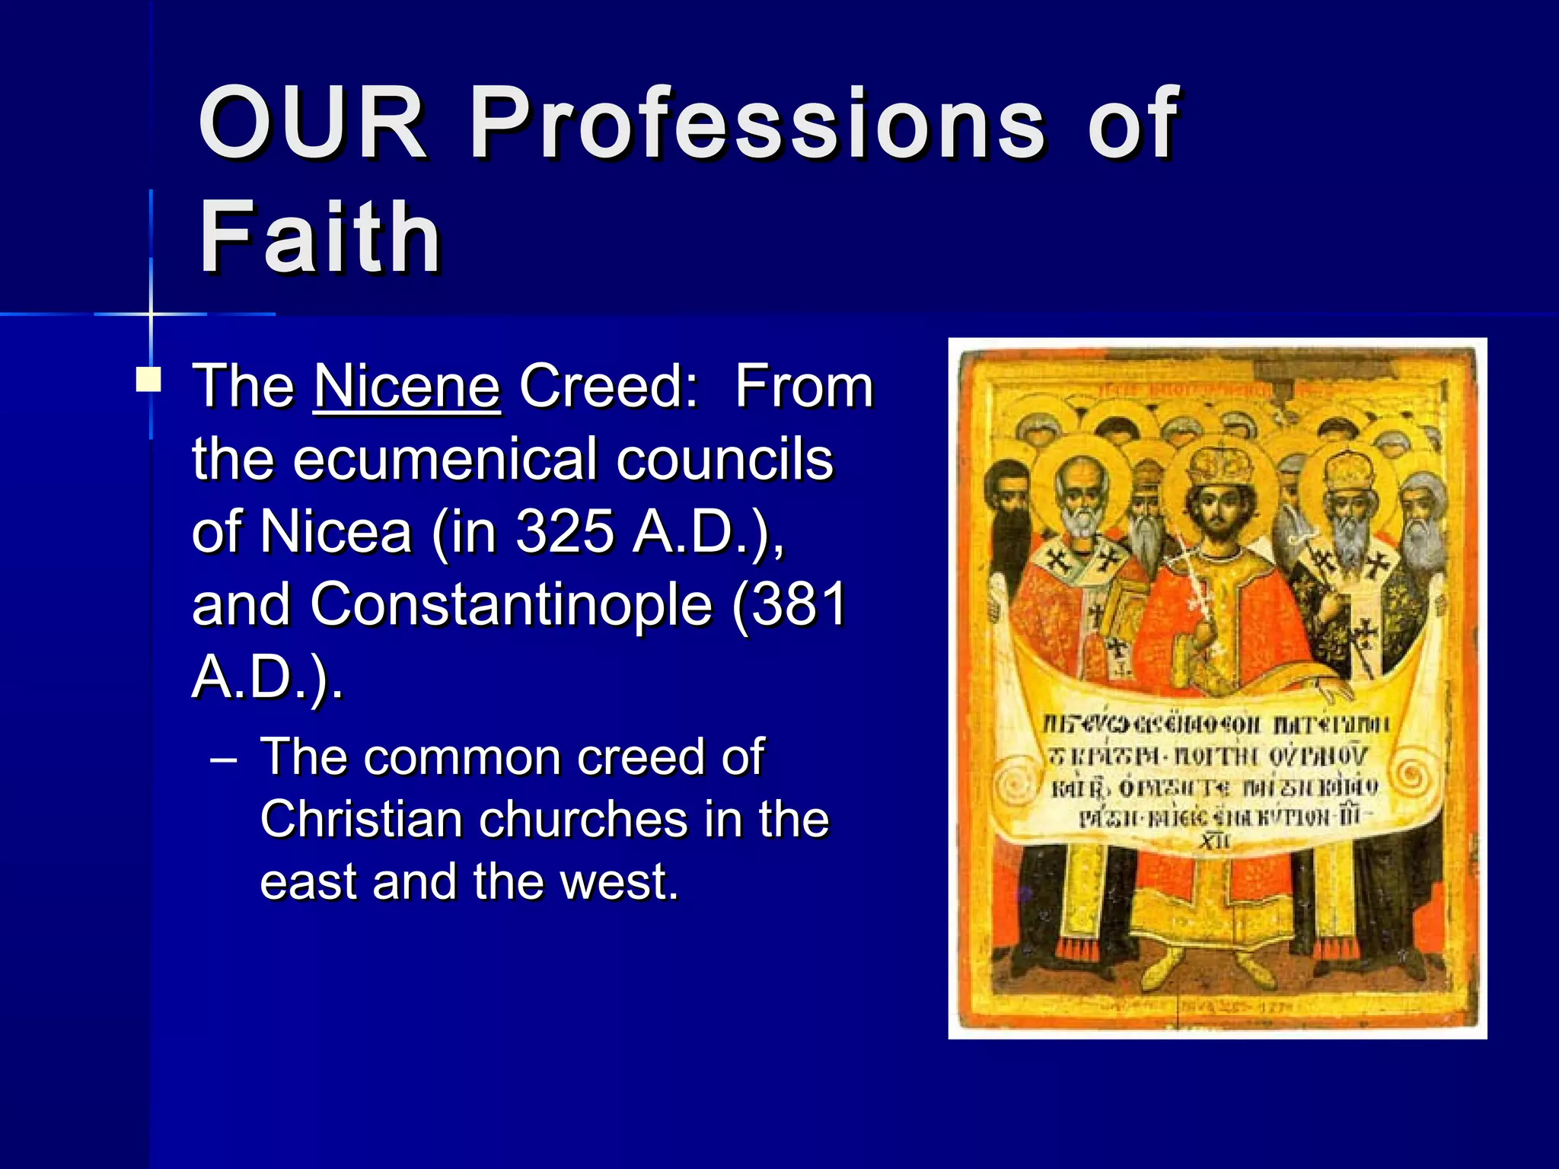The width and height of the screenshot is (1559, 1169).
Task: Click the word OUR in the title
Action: coord(312,123)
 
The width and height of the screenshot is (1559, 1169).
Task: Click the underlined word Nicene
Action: coord(406,387)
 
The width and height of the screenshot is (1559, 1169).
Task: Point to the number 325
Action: coord(565,531)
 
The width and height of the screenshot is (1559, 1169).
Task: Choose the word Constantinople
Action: coord(511,604)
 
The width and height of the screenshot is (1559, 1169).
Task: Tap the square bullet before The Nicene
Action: coord(148,379)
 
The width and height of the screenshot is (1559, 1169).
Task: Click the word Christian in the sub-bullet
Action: coord(359,820)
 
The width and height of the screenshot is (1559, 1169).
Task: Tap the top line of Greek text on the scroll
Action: coord(1216,724)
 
